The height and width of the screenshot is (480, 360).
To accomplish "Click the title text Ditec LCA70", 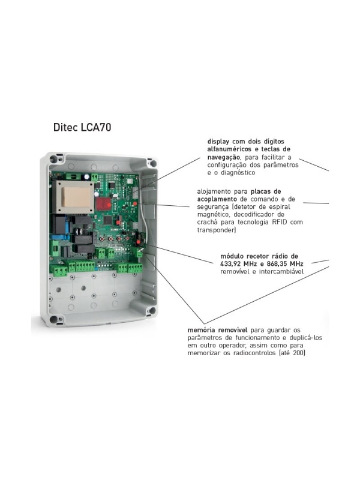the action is click(82, 127).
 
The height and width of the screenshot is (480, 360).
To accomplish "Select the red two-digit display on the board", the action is click(104, 203).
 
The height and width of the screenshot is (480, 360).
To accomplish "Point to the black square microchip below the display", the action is click(109, 220).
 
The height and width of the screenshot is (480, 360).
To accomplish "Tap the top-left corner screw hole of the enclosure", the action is click(53, 159).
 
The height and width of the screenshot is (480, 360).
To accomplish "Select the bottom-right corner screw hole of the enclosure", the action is click(152, 311).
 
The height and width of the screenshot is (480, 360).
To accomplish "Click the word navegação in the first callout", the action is click(224, 157).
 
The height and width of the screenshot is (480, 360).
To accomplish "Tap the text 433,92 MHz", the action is click(238, 263).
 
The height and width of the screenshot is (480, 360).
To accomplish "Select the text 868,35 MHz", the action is click(285, 263).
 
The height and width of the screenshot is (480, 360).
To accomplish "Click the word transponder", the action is click(216, 230).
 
